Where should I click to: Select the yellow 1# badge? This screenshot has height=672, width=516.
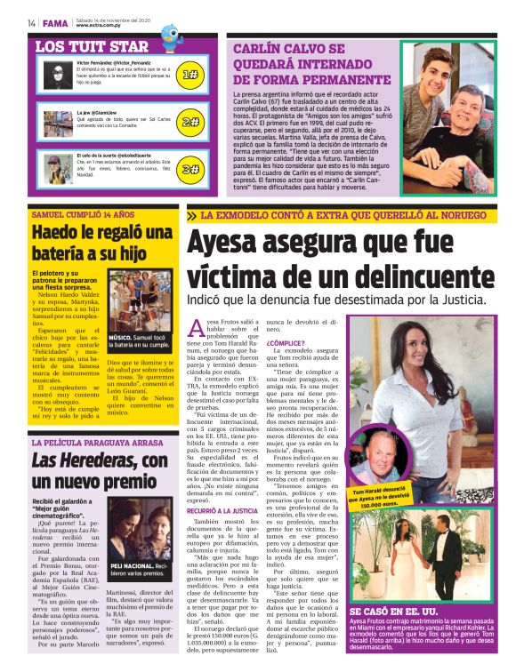point(189,76)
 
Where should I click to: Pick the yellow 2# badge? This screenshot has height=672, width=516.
point(189,122)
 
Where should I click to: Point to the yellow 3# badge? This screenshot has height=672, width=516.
point(189,168)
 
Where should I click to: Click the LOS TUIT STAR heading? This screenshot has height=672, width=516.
point(92,45)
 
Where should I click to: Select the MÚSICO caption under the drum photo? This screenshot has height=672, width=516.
point(122,339)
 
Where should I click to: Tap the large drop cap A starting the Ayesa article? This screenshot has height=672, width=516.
point(197,330)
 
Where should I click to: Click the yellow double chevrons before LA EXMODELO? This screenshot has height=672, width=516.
point(192,215)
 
